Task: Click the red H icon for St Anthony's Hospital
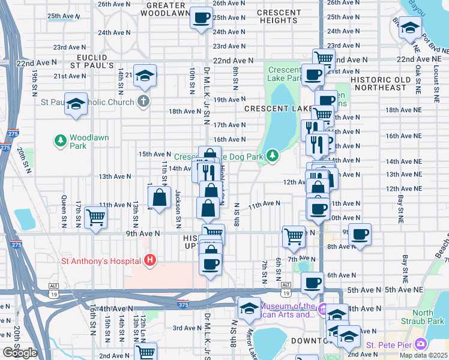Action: (150, 260)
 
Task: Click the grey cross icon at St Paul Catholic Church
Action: (143, 101)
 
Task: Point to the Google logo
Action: (19, 353)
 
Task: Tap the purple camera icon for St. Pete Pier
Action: (421, 344)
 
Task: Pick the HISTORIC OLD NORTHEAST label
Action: (379, 83)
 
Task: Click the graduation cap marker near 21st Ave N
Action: (145, 75)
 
